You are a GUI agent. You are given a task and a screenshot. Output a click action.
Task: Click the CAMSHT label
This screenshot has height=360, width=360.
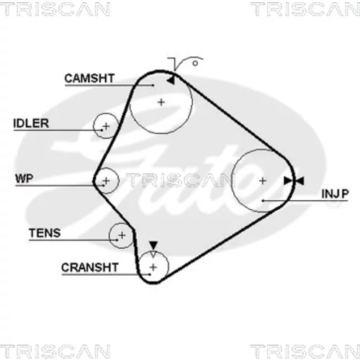click(89, 78)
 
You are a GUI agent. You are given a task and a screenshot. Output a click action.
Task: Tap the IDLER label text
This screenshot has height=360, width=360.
click(31, 123)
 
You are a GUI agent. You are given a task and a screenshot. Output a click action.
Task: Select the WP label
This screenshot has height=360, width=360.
click(24, 179)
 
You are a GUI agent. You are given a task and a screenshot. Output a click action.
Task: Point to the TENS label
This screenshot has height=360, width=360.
click(45, 233)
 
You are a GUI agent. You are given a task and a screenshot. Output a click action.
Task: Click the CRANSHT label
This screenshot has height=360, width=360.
click(90, 267)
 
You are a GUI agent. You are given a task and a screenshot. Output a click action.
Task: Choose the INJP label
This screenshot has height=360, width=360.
click(335, 194)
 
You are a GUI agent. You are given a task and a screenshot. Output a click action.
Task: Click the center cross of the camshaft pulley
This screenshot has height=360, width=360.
click(161, 102)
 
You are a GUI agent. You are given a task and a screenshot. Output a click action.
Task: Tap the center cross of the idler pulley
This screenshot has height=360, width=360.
click(106, 126)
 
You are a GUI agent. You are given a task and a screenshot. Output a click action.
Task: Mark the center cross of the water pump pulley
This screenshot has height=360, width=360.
click(106, 181)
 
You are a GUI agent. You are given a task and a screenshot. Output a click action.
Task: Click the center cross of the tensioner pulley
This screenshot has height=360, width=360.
click(122, 235)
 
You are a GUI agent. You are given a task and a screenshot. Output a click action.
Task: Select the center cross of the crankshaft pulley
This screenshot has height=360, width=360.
click(153, 267)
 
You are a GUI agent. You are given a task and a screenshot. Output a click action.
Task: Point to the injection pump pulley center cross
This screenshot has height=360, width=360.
click(263, 181)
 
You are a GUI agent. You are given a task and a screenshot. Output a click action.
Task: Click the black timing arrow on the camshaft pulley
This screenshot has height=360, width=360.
click(171, 81)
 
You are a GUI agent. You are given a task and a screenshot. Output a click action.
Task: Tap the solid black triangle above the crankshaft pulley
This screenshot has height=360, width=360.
click(153, 246)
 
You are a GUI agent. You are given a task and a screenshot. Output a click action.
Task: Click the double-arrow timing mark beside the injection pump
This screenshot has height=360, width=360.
click(294, 181)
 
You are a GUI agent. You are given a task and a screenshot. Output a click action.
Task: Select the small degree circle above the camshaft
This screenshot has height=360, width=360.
click(195, 63)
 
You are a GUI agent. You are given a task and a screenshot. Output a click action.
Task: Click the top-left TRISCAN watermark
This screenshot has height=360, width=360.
click(55, 9)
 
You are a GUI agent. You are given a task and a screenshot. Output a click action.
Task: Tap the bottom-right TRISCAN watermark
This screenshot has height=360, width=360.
click(305, 351)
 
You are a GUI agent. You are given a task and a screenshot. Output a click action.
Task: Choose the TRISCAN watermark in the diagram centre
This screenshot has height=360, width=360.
click(179, 180)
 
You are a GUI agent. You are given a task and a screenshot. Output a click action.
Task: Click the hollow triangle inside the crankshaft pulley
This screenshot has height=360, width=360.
click(153, 254)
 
